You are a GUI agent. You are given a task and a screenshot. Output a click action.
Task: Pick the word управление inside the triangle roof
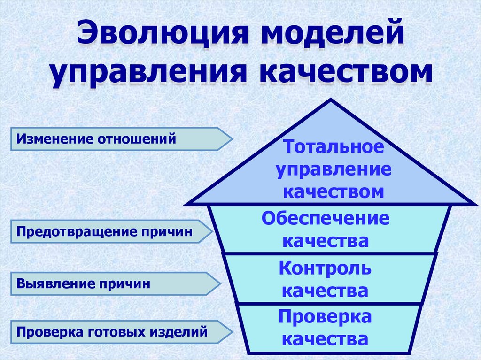click(x=333, y=169)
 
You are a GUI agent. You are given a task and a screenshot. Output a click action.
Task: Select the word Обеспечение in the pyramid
click(x=326, y=219)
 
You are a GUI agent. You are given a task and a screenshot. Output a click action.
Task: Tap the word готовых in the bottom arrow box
click(x=117, y=332)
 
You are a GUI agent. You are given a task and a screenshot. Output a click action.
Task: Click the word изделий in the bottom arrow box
click(x=178, y=332)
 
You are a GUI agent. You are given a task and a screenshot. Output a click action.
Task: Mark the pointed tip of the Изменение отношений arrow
click(x=232, y=139)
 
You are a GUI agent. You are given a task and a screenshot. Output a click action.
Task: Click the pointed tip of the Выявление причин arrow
click(x=219, y=283)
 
